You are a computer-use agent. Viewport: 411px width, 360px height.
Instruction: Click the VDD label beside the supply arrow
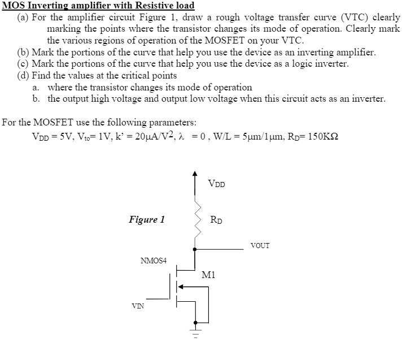point(216,184)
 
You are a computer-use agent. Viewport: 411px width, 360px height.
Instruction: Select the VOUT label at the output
point(260,245)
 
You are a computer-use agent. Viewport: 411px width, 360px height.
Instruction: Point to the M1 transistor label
point(208,275)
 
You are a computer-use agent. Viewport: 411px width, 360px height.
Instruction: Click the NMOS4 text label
point(154,261)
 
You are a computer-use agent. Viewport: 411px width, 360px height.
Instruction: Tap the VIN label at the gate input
point(137,306)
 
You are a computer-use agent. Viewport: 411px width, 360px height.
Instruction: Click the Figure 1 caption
point(147,219)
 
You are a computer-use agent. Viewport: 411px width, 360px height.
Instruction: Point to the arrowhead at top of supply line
point(195,172)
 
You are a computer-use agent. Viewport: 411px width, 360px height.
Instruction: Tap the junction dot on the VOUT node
point(195,248)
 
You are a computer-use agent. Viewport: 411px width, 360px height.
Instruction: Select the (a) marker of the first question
point(24,18)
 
